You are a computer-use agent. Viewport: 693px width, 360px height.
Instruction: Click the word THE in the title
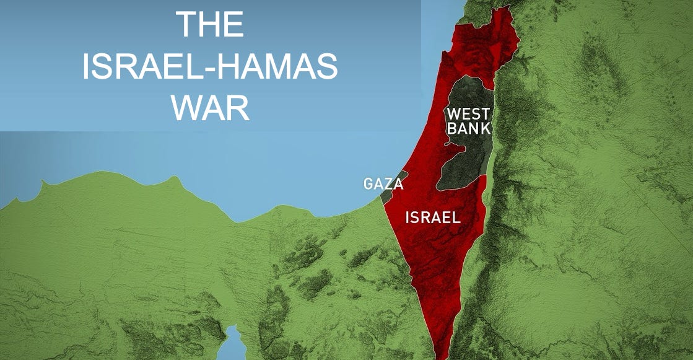coord(210,25)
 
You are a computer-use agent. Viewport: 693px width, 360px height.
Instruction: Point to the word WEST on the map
coord(468,115)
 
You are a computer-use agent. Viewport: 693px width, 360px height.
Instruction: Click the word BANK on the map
coord(469,129)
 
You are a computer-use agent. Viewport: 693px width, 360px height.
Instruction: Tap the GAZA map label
coord(383,185)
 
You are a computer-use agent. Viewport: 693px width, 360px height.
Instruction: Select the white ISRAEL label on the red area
coord(433,217)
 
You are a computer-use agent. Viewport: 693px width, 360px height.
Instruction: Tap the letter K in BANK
coord(486,129)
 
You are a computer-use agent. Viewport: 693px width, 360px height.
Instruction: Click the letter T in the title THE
coord(186,25)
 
